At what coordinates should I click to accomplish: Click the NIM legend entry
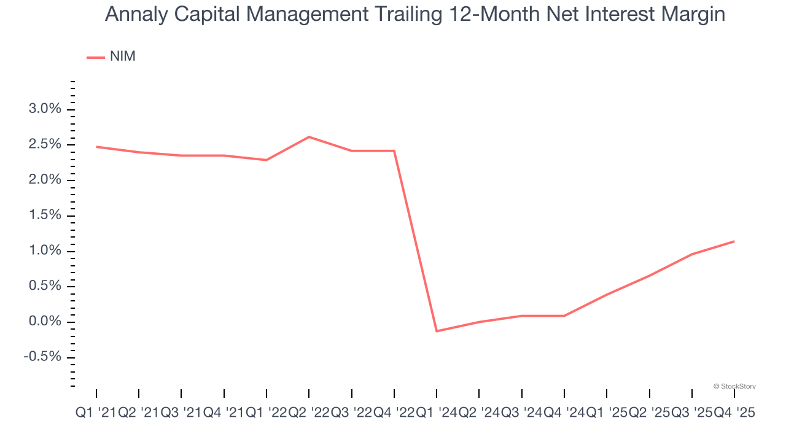point(112,56)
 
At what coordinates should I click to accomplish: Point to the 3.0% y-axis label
point(45,109)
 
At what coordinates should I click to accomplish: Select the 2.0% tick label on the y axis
point(45,180)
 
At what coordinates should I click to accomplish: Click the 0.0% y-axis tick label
point(45,322)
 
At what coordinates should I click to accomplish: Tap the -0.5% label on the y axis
point(43,357)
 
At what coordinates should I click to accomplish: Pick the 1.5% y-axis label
point(45,215)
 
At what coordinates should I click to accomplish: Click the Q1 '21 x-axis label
point(96,413)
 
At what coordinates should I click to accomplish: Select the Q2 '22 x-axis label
point(309,413)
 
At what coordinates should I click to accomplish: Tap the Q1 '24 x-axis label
point(437,413)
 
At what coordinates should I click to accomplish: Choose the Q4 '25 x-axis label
point(734,413)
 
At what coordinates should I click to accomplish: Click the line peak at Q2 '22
point(309,137)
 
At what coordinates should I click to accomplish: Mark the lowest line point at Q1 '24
point(437,331)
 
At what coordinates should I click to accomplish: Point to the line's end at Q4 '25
point(734,241)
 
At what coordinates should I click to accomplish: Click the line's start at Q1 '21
point(96,147)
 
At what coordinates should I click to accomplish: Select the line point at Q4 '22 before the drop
point(394,151)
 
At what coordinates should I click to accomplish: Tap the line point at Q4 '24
point(564,316)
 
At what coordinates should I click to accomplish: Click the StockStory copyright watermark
point(734,386)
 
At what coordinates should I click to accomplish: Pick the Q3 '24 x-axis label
point(522,413)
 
